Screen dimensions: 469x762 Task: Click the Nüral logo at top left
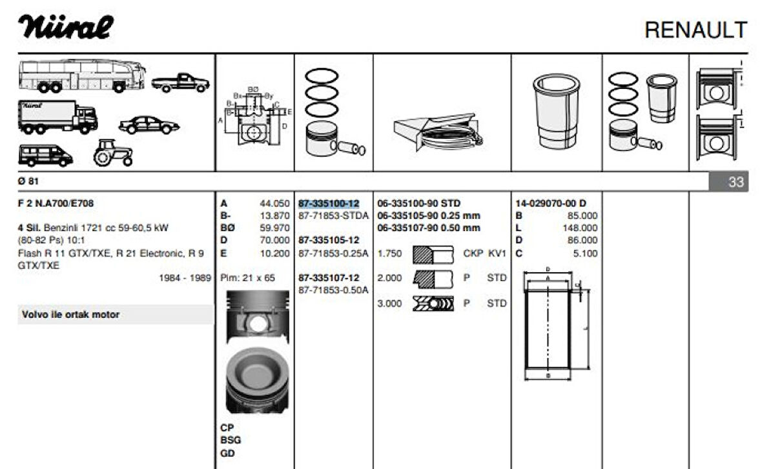pos(65,27)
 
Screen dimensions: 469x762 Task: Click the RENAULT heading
pos(695,30)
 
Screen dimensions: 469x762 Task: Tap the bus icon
pos(81,75)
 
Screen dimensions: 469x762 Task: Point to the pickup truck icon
pos(180,82)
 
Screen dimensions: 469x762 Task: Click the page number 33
pos(736,182)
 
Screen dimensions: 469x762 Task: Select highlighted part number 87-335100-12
pos(329,203)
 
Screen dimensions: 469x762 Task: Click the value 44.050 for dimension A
pos(274,203)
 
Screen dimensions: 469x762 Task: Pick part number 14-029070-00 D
pos(551,203)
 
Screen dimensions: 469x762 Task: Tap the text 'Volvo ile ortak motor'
pos(70,315)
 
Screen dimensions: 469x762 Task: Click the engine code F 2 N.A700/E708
pos(56,203)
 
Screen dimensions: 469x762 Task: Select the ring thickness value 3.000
pos(389,303)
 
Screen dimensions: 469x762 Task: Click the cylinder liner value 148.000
pos(580,228)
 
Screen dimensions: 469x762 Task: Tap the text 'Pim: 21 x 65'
pos(247,278)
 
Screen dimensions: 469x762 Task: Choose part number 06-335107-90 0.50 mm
pos(428,228)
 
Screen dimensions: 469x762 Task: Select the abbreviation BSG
pos(231,440)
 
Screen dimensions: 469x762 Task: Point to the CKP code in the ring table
pos(473,253)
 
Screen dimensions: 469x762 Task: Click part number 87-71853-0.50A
pos(333,290)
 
